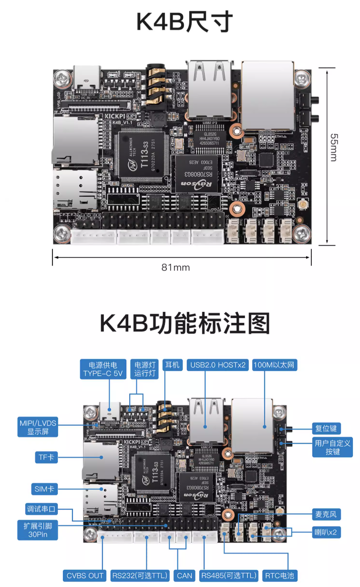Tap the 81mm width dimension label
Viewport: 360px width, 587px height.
tap(175, 268)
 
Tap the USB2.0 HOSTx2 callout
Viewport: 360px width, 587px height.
tap(217, 365)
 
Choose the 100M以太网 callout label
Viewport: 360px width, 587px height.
tap(276, 365)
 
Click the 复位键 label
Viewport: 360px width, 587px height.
tap(326, 427)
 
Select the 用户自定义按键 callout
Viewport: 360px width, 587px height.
tap(332, 447)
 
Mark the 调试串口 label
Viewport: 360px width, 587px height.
tap(41, 509)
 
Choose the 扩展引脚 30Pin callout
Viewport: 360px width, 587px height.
tap(38, 531)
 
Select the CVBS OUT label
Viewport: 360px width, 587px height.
tap(86, 576)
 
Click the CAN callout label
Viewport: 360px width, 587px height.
tap(185, 576)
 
